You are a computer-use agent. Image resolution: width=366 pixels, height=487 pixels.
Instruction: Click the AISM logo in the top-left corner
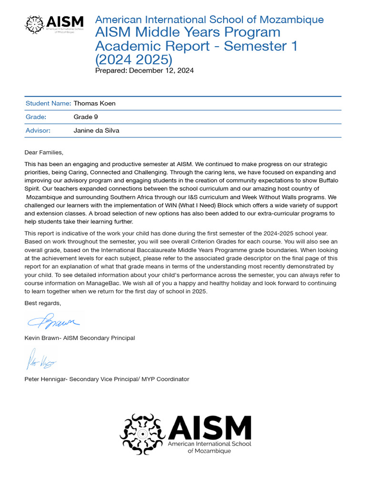point(54,24)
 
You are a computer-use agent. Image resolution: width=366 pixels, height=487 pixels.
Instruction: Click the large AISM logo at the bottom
point(186,433)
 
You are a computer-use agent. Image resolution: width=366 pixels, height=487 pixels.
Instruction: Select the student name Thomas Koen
point(94,103)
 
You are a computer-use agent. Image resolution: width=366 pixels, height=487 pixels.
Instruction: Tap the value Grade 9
point(86,117)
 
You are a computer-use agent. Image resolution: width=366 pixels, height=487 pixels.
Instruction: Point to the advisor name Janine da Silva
point(96,130)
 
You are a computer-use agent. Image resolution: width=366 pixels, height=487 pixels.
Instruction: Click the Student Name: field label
point(48,103)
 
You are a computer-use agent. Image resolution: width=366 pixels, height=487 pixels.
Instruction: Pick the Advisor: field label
point(38,130)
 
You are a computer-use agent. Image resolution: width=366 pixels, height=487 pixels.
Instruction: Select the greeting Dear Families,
point(44,152)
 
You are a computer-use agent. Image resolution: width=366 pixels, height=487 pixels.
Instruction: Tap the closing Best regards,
point(43,303)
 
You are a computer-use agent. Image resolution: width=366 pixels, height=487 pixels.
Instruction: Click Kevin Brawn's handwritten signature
point(53,322)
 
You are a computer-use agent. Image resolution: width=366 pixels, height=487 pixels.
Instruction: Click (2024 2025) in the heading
point(133,59)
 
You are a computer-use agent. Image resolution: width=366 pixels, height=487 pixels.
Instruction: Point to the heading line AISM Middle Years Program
point(188,32)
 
